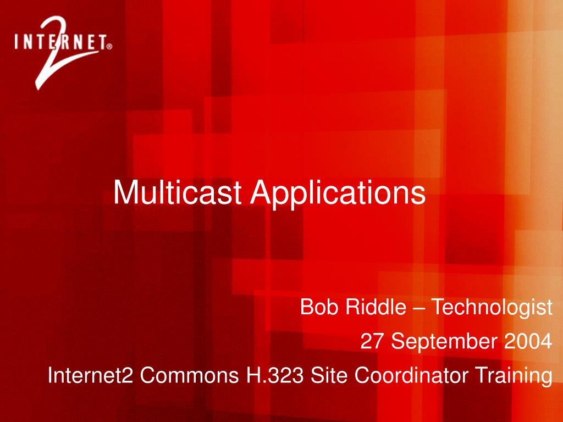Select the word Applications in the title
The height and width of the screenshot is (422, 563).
[x=338, y=195]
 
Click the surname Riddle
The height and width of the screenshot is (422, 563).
[x=376, y=307]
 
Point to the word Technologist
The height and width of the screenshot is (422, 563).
[x=492, y=308]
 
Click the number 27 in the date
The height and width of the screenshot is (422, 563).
[x=372, y=341]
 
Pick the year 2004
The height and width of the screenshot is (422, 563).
[x=528, y=341]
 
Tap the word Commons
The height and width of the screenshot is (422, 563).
[x=189, y=375]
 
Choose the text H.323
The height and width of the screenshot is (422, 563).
[x=274, y=375]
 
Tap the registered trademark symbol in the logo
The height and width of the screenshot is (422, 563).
[x=109, y=46]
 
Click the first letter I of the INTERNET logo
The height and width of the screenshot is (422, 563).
[x=16, y=42]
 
